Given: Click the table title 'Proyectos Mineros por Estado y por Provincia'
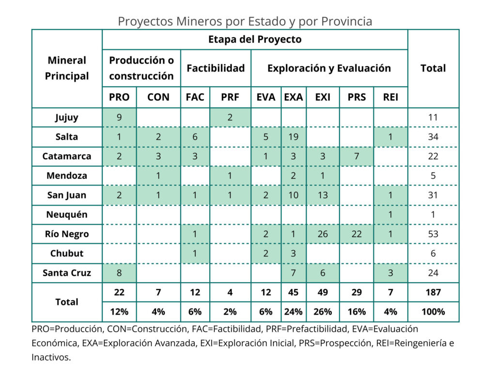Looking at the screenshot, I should coord(245,21).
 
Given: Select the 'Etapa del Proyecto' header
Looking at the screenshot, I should coord(255,39).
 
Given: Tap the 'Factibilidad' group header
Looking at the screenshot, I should coord(216,68).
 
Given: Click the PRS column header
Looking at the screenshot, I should coord(356,97).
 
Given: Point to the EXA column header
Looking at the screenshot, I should coord(293,97).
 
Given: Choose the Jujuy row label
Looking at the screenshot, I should coord(67,117).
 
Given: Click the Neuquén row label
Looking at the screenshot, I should coord(67,214).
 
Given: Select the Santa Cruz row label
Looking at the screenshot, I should coord(67,273).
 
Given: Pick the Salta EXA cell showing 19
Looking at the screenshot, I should coord(293,137).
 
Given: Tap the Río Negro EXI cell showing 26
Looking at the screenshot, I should coord(323,234).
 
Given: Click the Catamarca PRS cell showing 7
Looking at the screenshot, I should coord(356,156).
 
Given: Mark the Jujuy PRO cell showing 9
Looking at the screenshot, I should coord(119,117).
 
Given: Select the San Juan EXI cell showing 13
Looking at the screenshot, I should coord(323,195).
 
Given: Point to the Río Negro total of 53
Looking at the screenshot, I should coord(433,234).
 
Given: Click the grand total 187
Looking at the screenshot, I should coord(433,292).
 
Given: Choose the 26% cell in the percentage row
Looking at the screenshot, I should coord(323,311).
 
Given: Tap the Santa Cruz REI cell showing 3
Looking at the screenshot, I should coord(390,273).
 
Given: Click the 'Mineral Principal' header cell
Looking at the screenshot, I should coord(67,68).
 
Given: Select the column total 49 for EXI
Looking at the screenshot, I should coord(323,292).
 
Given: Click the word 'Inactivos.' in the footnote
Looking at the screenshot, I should coord(51,358).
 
